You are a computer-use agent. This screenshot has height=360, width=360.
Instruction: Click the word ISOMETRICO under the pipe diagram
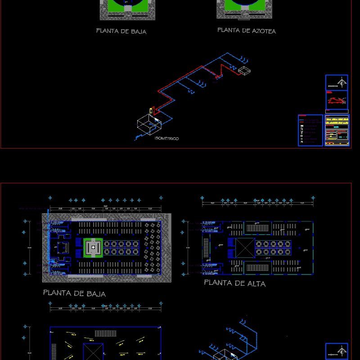pos(166,139)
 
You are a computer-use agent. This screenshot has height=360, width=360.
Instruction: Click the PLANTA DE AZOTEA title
pos(247,31)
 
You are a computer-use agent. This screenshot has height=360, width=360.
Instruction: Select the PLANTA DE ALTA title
pos(234,283)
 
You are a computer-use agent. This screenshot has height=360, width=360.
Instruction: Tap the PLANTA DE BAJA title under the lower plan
pos(74,293)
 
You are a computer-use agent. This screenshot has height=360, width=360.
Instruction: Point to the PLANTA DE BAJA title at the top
pos(121,31)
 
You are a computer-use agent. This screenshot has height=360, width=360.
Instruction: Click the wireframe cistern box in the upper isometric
pos(146,125)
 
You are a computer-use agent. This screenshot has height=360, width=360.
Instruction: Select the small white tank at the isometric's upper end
pos(244,70)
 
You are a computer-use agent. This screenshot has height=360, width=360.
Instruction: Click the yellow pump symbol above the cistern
pos(152,110)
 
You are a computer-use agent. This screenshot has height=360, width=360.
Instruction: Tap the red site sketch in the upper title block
pos(337,100)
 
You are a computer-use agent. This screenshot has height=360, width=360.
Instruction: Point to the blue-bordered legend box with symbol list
pos(310,130)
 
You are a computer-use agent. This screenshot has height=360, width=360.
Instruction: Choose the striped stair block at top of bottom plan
pos(105,333)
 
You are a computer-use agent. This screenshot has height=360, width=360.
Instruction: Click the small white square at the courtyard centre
pos(93,247)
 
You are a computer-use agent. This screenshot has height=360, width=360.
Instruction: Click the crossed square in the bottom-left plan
pos(93,351)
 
